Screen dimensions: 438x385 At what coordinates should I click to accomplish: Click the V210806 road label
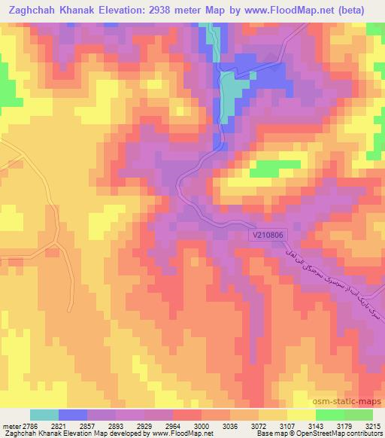click(269, 236)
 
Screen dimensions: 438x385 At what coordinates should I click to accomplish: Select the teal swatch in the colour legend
click(44, 415)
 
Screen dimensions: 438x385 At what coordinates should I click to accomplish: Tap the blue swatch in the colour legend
click(73, 415)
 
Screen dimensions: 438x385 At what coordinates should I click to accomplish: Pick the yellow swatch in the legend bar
click(301, 415)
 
